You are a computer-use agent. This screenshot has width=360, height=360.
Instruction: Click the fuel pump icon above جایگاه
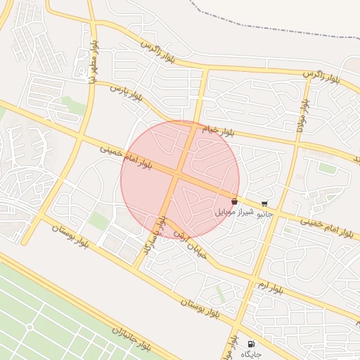coord(251,344)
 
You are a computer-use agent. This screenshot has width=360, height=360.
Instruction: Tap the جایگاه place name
coord(251,354)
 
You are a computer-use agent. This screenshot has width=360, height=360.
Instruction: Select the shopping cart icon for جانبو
coord(264,203)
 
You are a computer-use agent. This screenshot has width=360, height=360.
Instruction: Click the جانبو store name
coord(264,212)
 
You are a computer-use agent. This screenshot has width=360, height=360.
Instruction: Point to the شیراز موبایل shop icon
coord(233,202)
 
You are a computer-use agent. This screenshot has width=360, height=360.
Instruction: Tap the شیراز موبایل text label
coord(233,212)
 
